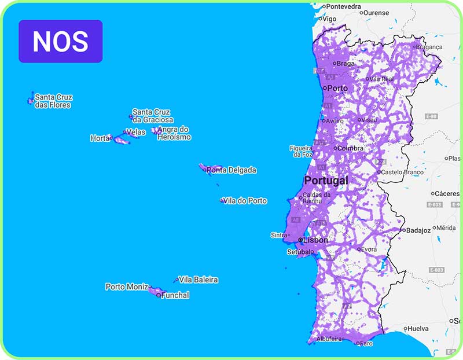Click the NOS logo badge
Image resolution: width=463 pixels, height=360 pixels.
click(60, 41)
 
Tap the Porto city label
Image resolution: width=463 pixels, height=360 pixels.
click(337, 89)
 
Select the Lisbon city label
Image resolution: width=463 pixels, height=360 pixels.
click(315, 240)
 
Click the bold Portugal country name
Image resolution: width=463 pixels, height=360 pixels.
click(326, 181)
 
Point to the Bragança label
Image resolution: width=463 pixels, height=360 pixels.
click(429, 47)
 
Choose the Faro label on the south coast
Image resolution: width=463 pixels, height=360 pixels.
click(366, 343)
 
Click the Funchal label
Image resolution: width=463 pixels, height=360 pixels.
click(175, 295)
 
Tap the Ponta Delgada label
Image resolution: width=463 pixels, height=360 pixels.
click(231, 170)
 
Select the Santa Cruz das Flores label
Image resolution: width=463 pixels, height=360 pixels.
click(53, 101)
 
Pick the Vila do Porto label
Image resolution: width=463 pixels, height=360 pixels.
click(247, 201)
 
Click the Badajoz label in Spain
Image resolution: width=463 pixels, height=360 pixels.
click(418, 230)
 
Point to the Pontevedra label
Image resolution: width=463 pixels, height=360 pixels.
click(344, 7)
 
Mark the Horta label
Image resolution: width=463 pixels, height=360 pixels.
click(100, 138)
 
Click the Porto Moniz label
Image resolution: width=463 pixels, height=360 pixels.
click(126, 286)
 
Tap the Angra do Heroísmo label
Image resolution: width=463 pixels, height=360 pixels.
click(174, 133)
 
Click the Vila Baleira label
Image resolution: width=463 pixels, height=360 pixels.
click(199, 280)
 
